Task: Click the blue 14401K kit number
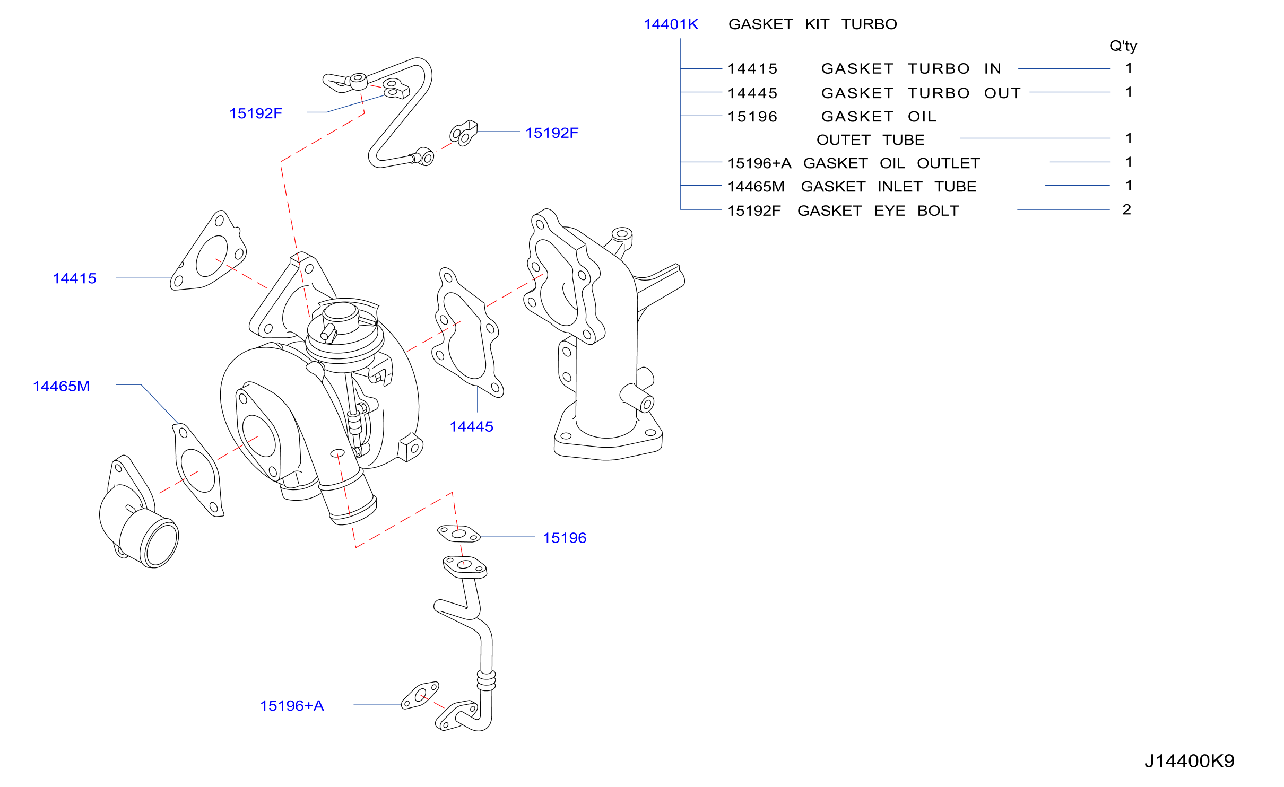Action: click(671, 24)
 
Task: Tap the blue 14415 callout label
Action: click(74, 278)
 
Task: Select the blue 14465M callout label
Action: click(61, 386)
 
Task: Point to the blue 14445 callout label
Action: click(471, 426)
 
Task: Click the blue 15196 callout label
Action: click(565, 538)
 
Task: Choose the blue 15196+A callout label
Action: click(292, 706)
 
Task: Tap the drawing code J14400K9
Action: click(1190, 761)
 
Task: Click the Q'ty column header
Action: click(1123, 46)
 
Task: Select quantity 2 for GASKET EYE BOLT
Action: click(1126, 209)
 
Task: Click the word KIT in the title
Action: click(817, 24)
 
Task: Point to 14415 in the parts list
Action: click(752, 69)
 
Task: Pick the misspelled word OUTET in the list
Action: click(843, 140)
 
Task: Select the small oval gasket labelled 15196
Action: click(458, 534)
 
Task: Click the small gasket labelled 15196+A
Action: click(420, 695)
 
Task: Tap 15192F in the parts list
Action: click(754, 211)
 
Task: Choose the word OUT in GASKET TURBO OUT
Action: click(1002, 93)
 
